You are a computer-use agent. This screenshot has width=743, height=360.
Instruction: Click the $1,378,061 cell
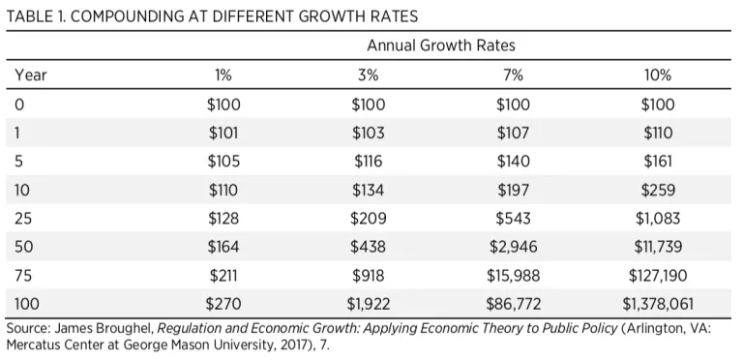[658, 304]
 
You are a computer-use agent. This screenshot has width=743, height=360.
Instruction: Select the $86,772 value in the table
[513, 304]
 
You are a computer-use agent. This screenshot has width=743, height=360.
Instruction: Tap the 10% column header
[658, 75]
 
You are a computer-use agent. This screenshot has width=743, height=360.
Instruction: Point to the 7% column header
[513, 75]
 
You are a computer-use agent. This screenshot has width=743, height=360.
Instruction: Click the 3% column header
[369, 75]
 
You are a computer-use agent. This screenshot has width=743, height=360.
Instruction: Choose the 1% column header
[223, 75]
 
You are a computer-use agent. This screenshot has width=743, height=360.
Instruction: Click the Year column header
[31, 75]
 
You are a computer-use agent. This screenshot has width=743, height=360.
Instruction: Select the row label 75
[23, 275]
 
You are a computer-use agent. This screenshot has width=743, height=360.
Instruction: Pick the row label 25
[23, 219]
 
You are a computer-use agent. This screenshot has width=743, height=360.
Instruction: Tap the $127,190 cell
[658, 275]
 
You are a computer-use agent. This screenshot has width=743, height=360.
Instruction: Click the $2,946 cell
[513, 247]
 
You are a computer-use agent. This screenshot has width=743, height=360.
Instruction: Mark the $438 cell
[369, 247]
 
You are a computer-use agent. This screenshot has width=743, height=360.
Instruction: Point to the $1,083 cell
[658, 219]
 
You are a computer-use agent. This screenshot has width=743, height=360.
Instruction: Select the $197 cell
[513, 190]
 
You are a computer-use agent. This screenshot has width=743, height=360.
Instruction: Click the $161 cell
[658, 162]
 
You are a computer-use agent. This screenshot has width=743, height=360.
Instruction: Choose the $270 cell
[223, 304]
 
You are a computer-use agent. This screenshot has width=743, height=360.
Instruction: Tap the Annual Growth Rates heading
[441, 45]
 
